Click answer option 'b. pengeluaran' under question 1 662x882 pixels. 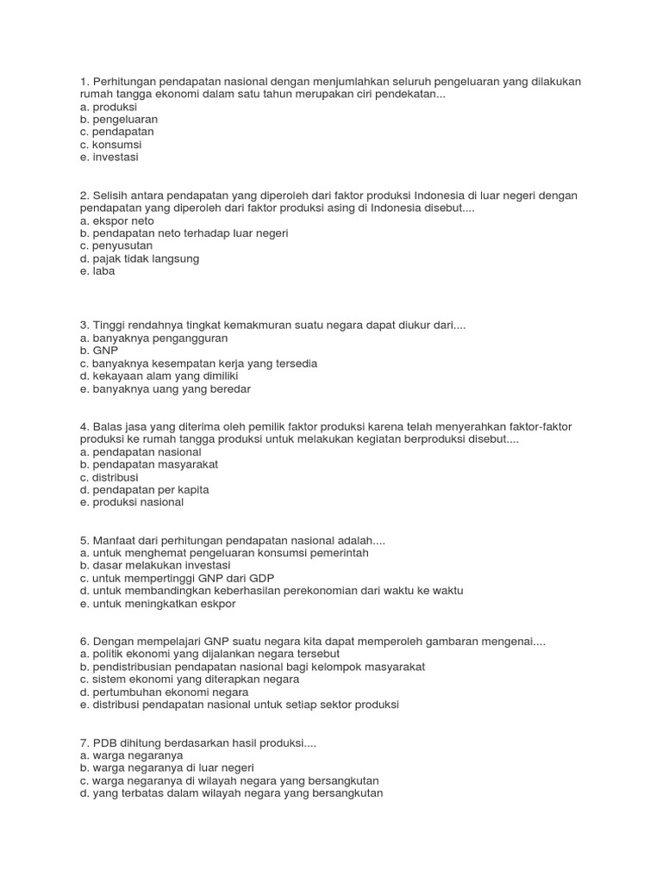(x=118, y=119)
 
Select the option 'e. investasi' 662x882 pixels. (x=109, y=158)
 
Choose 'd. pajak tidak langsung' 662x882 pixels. (x=139, y=258)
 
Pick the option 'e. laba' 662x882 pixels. (x=97, y=271)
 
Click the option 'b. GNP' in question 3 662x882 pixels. (x=97, y=351)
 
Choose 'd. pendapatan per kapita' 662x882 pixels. (x=144, y=489)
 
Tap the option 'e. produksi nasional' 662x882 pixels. (x=131, y=502)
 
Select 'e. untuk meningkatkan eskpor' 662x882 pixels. (x=157, y=603)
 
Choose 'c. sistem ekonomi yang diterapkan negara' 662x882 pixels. (x=189, y=679)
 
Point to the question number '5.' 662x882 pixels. (x=84, y=540)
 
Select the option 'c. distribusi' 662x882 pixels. (x=109, y=477)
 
